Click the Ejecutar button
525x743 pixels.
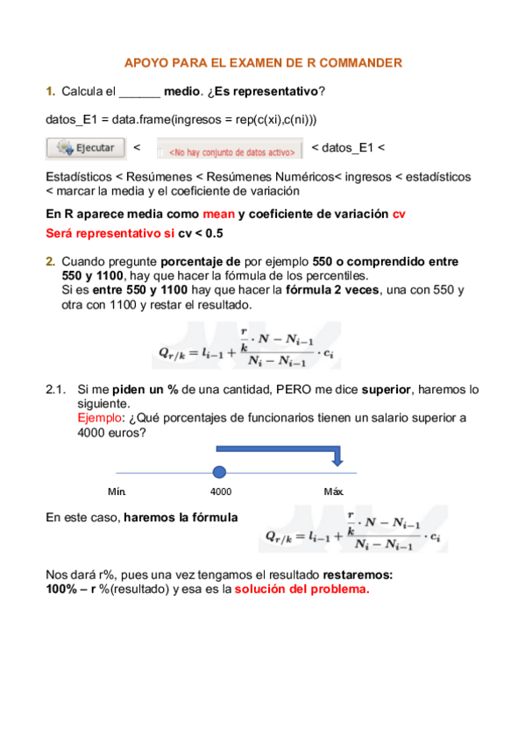coord(83,148)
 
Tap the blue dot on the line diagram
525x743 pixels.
coord(220,472)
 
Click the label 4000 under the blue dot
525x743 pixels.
coord(221,492)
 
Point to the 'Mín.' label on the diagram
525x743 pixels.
coord(117,492)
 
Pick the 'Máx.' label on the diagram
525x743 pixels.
coord(334,492)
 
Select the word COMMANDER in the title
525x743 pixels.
coord(360,62)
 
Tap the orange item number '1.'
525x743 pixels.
coord(51,91)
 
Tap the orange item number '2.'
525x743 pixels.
coord(51,261)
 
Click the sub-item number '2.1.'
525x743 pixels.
coord(57,389)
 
